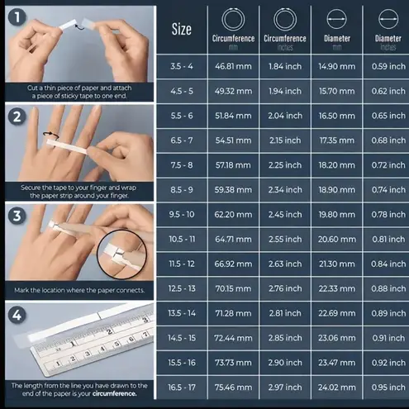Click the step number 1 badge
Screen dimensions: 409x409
pyautogui.click(x=17, y=17)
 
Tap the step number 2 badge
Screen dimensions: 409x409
pyautogui.click(x=17, y=117)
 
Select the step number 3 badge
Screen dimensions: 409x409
pyautogui.click(x=17, y=216)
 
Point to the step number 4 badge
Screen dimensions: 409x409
pyautogui.click(x=17, y=315)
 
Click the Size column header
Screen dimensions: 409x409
pyautogui.click(x=182, y=29)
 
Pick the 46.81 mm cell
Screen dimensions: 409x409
pyautogui.click(x=233, y=66)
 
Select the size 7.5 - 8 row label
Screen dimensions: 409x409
pyautogui.click(x=182, y=165)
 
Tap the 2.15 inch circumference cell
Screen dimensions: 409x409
pyautogui.click(x=285, y=140)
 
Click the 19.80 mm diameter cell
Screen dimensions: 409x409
pyautogui.click(x=337, y=214)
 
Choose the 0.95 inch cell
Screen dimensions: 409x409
pyautogui.click(x=388, y=388)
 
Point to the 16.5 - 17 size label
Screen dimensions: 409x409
pyautogui.click(x=182, y=388)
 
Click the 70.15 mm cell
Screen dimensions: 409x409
pyautogui.click(x=233, y=288)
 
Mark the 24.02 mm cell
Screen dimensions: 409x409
pyautogui.click(x=337, y=388)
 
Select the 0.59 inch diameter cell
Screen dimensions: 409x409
pyautogui.click(x=388, y=66)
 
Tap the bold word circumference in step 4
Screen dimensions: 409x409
pyautogui.click(x=114, y=393)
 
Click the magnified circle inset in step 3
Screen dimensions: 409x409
pyautogui.click(x=97, y=254)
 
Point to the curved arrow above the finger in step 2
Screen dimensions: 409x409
pyautogui.click(x=51, y=134)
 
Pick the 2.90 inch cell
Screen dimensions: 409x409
pyautogui.click(x=285, y=363)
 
